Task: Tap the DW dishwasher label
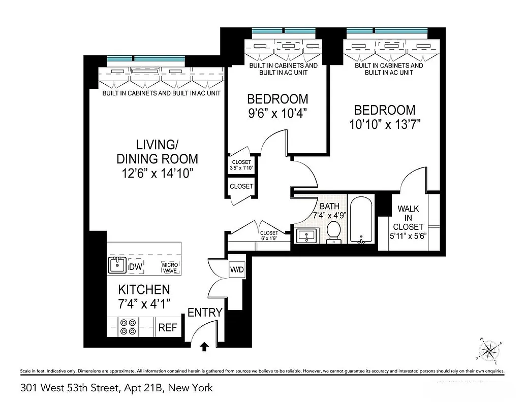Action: pos(136,267)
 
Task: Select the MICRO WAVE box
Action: pos(170,267)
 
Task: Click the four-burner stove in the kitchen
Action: pos(128,326)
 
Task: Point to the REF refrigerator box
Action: pos(168,328)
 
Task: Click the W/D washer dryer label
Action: pos(237,269)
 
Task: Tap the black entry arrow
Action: pos(204,347)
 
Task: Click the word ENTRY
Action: pos(205,313)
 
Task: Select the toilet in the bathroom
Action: pos(334,231)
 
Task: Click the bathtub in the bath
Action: pos(361,220)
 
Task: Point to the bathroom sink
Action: pos(306,236)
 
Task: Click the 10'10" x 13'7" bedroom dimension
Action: pos(384,124)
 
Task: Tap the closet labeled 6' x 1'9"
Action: pos(269,235)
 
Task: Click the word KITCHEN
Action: pos(144,290)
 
